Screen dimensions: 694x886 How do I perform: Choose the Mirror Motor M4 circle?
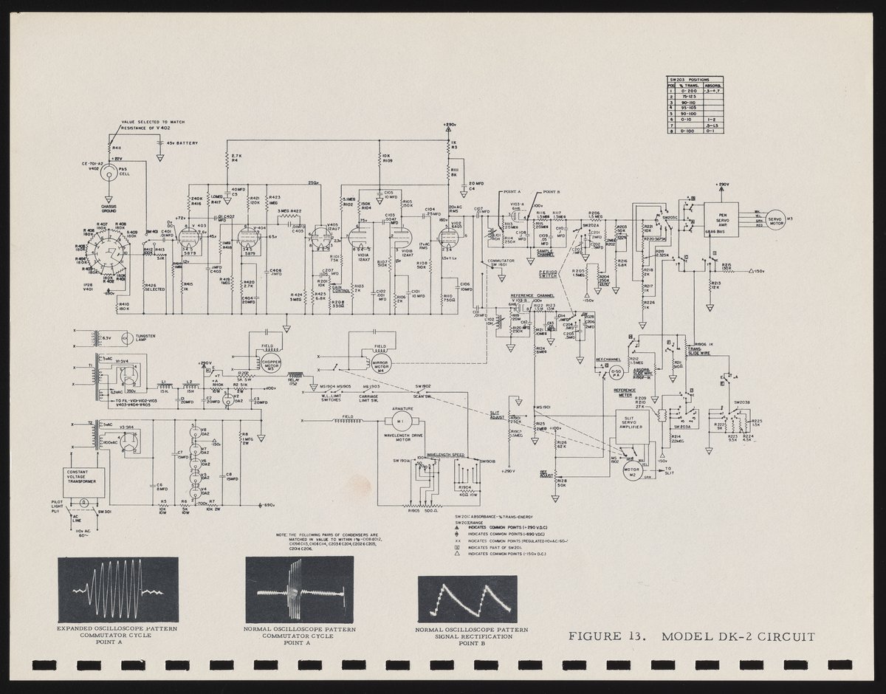click(382, 361)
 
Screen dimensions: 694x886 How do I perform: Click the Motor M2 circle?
click(631, 473)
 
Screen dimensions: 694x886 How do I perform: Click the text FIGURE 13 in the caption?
click(610, 636)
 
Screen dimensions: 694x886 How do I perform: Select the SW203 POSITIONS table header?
click(695, 79)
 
